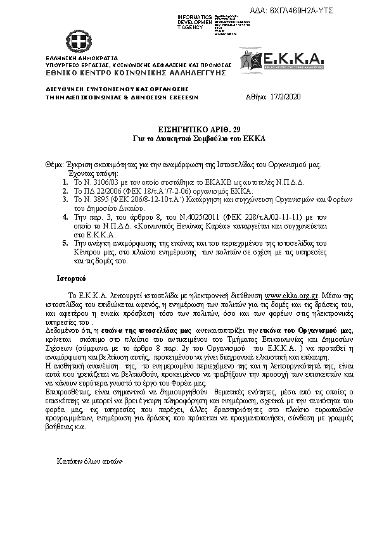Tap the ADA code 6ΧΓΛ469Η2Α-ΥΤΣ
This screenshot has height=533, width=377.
coord(301,11)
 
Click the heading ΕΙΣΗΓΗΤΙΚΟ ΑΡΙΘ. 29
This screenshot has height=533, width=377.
coord(188,128)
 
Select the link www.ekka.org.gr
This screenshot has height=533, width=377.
coord(292,295)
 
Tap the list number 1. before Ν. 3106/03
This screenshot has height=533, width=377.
coord(66,180)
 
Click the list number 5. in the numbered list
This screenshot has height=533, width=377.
coord(66,242)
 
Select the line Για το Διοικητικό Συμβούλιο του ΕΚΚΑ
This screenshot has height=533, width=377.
coord(188,137)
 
